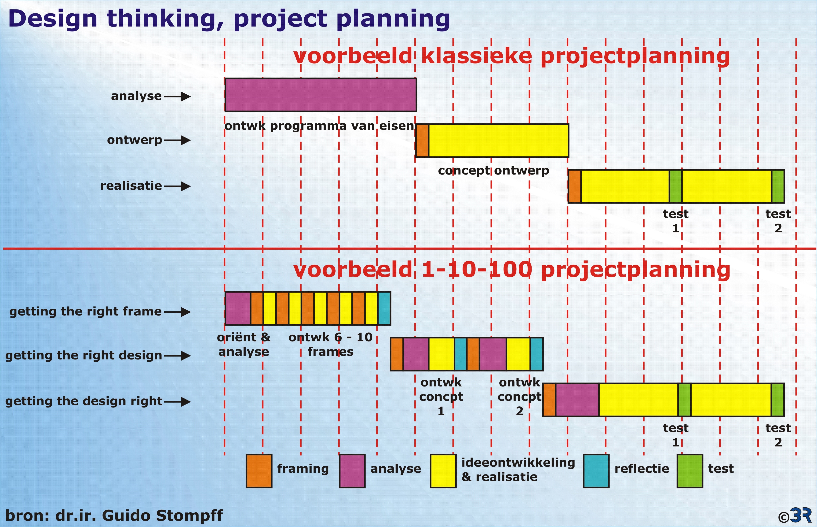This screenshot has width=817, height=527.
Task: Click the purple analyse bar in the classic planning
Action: coord(321,95)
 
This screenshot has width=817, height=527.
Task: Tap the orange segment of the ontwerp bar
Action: coord(422,141)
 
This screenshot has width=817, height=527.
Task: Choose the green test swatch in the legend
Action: coord(690,471)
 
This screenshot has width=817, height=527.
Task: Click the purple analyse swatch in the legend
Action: coord(352,471)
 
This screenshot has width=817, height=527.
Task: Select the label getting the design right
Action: coord(84,401)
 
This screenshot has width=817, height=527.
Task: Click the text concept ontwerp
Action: coord(493,171)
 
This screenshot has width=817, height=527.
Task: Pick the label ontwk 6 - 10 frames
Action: coord(331,344)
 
